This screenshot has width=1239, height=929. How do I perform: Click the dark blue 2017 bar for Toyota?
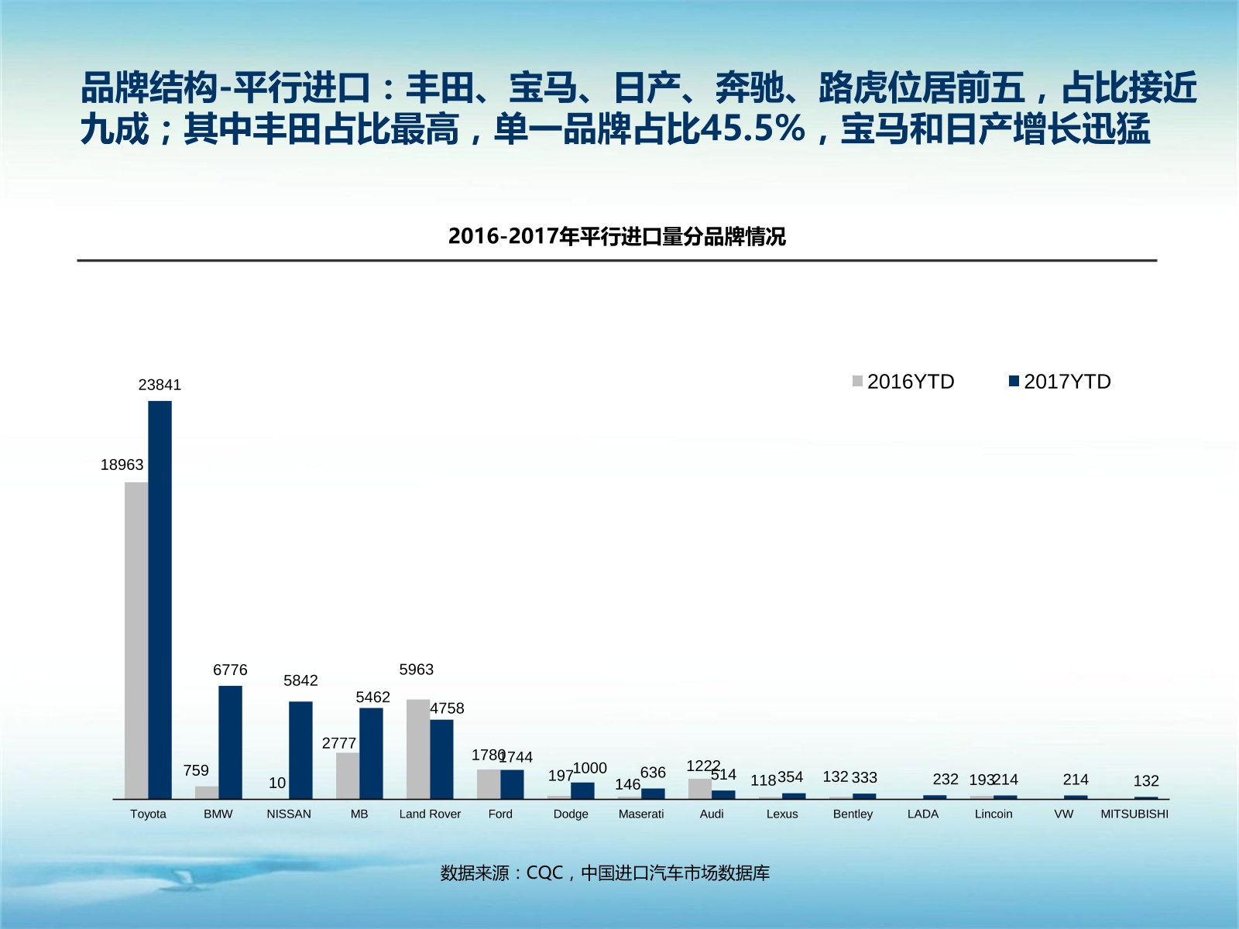(x=160, y=600)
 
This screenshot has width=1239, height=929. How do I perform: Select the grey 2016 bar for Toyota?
(x=136, y=640)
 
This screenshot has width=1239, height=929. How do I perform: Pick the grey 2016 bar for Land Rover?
(x=418, y=749)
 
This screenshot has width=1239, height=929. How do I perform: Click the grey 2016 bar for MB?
(x=348, y=776)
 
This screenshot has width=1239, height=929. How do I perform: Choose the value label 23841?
(x=160, y=385)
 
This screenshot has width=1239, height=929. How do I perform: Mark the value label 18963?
(x=122, y=464)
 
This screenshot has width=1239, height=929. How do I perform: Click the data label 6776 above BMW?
(x=230, y=670)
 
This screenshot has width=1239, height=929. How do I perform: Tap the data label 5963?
(x=417, y=669)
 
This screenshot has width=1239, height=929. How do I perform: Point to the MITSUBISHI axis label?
(x=1134, y=814)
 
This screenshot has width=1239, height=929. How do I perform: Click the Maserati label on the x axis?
(x=641, y=814)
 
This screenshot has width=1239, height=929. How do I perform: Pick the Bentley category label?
(x=853, y=814)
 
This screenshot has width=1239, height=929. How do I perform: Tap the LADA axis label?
(x=923, y=814)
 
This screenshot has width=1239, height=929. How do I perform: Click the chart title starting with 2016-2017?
(x=616, y=236)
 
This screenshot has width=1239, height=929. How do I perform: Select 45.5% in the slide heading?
(x=752, y=129)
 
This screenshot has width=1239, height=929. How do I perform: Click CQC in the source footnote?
(x=544, y=872)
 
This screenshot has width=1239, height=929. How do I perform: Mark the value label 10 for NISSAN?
(x=277, y=783)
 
